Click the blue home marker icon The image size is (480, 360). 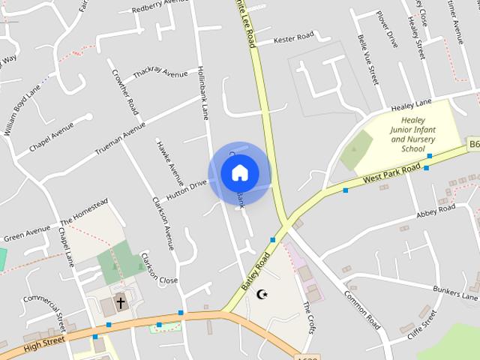tap(239, 173)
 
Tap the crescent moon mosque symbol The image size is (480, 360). tap(262, 295)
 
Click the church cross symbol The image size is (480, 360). tap(121, 303)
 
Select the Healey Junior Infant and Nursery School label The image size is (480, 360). tap(413, 133)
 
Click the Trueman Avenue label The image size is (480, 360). tap(120, 139)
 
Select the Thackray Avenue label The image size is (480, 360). tap(160, 74)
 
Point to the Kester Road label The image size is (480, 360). tap(293, 37)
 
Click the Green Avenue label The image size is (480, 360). tap(27, 234)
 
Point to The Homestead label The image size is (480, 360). tap(84, 211)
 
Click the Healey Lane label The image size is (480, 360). tap(412, 103)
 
